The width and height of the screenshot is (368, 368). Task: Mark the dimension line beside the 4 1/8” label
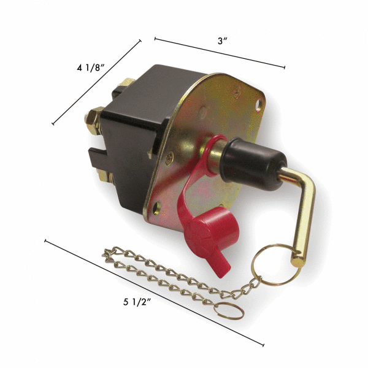coord(97,83)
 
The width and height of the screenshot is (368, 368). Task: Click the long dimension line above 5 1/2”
coord(153,292)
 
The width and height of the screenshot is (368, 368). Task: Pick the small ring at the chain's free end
coord(231,310)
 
